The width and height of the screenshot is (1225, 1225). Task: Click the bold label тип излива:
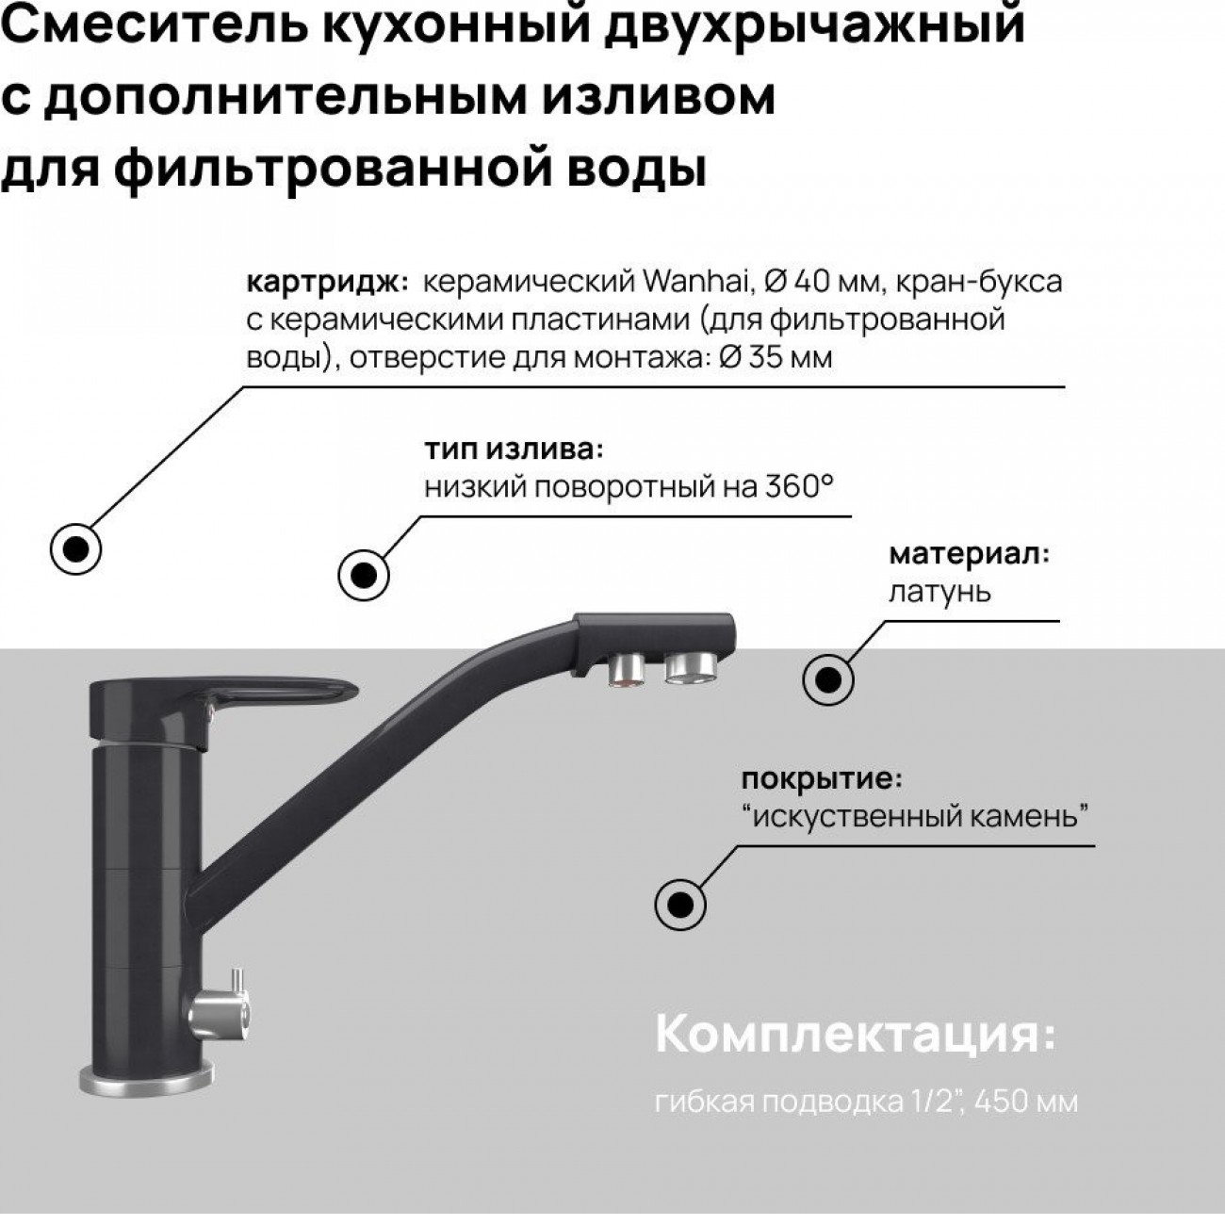coord(514,450)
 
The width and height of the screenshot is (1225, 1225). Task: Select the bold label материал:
coord(969,554)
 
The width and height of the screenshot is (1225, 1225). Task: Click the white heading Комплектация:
coord(855,1034)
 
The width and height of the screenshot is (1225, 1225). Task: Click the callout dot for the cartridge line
coord(75,549)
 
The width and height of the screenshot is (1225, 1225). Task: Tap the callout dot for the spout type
coord(364,576)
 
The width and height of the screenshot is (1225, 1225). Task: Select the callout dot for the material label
coord(827,680)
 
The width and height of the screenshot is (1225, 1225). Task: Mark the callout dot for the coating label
coord(680,904)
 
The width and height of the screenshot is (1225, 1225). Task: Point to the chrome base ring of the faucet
coord(146,1080)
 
